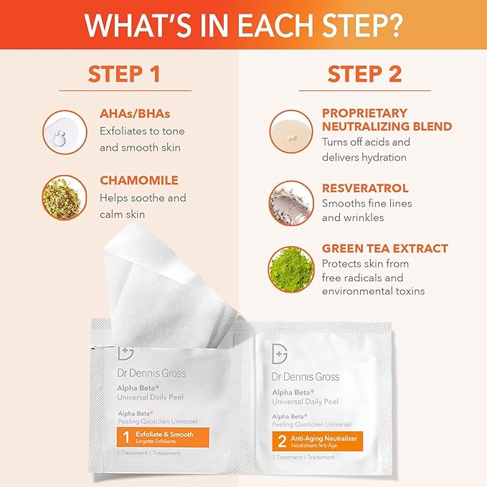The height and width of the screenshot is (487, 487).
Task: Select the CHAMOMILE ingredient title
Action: tap(138, 180)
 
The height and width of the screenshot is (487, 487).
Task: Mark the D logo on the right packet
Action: tap(281, 354)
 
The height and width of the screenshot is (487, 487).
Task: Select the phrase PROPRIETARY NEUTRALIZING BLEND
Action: tap(387, 120)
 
